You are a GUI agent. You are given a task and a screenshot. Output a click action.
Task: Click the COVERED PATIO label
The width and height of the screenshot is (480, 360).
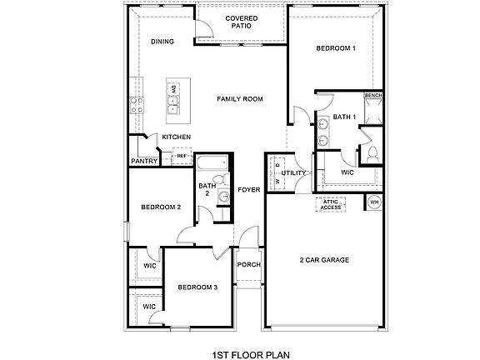[x=241, y=22]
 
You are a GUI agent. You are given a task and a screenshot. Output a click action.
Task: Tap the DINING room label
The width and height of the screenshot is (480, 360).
[x=162, y=41]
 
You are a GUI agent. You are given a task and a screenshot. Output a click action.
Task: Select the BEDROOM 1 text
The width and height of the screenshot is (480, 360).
[x=336, y=48]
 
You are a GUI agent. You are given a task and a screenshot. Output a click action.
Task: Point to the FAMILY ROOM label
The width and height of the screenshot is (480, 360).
[x=240, y=99]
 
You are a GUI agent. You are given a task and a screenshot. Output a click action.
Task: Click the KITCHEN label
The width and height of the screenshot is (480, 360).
[x=176, y=137]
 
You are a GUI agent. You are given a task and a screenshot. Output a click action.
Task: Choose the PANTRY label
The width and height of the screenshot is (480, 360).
[x=145, y=162]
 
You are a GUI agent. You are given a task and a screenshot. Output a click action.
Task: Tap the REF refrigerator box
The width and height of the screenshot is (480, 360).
[x=181, y=155]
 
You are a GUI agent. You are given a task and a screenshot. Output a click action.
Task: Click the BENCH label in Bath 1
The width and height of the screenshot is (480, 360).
[x=373, y=96]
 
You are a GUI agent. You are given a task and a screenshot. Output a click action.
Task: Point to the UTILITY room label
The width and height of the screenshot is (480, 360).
[x=294, y=172]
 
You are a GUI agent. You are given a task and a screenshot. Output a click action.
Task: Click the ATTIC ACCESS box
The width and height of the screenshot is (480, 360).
[x=331, y=204]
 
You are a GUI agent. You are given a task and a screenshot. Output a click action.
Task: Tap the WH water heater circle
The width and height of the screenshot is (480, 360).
[x=373, y=202]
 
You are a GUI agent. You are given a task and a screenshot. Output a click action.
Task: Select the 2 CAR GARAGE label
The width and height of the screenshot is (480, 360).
[x=323, y=260]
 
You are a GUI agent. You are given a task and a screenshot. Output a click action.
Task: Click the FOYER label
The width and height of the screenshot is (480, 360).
[x=248, y=190]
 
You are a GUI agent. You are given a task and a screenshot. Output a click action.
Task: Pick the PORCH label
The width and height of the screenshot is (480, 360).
[x=248, y=265]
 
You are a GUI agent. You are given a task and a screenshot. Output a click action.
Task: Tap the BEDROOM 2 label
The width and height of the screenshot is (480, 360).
[x=161, y=207]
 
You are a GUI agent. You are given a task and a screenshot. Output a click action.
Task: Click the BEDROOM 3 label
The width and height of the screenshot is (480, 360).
[x=197, y=287]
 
